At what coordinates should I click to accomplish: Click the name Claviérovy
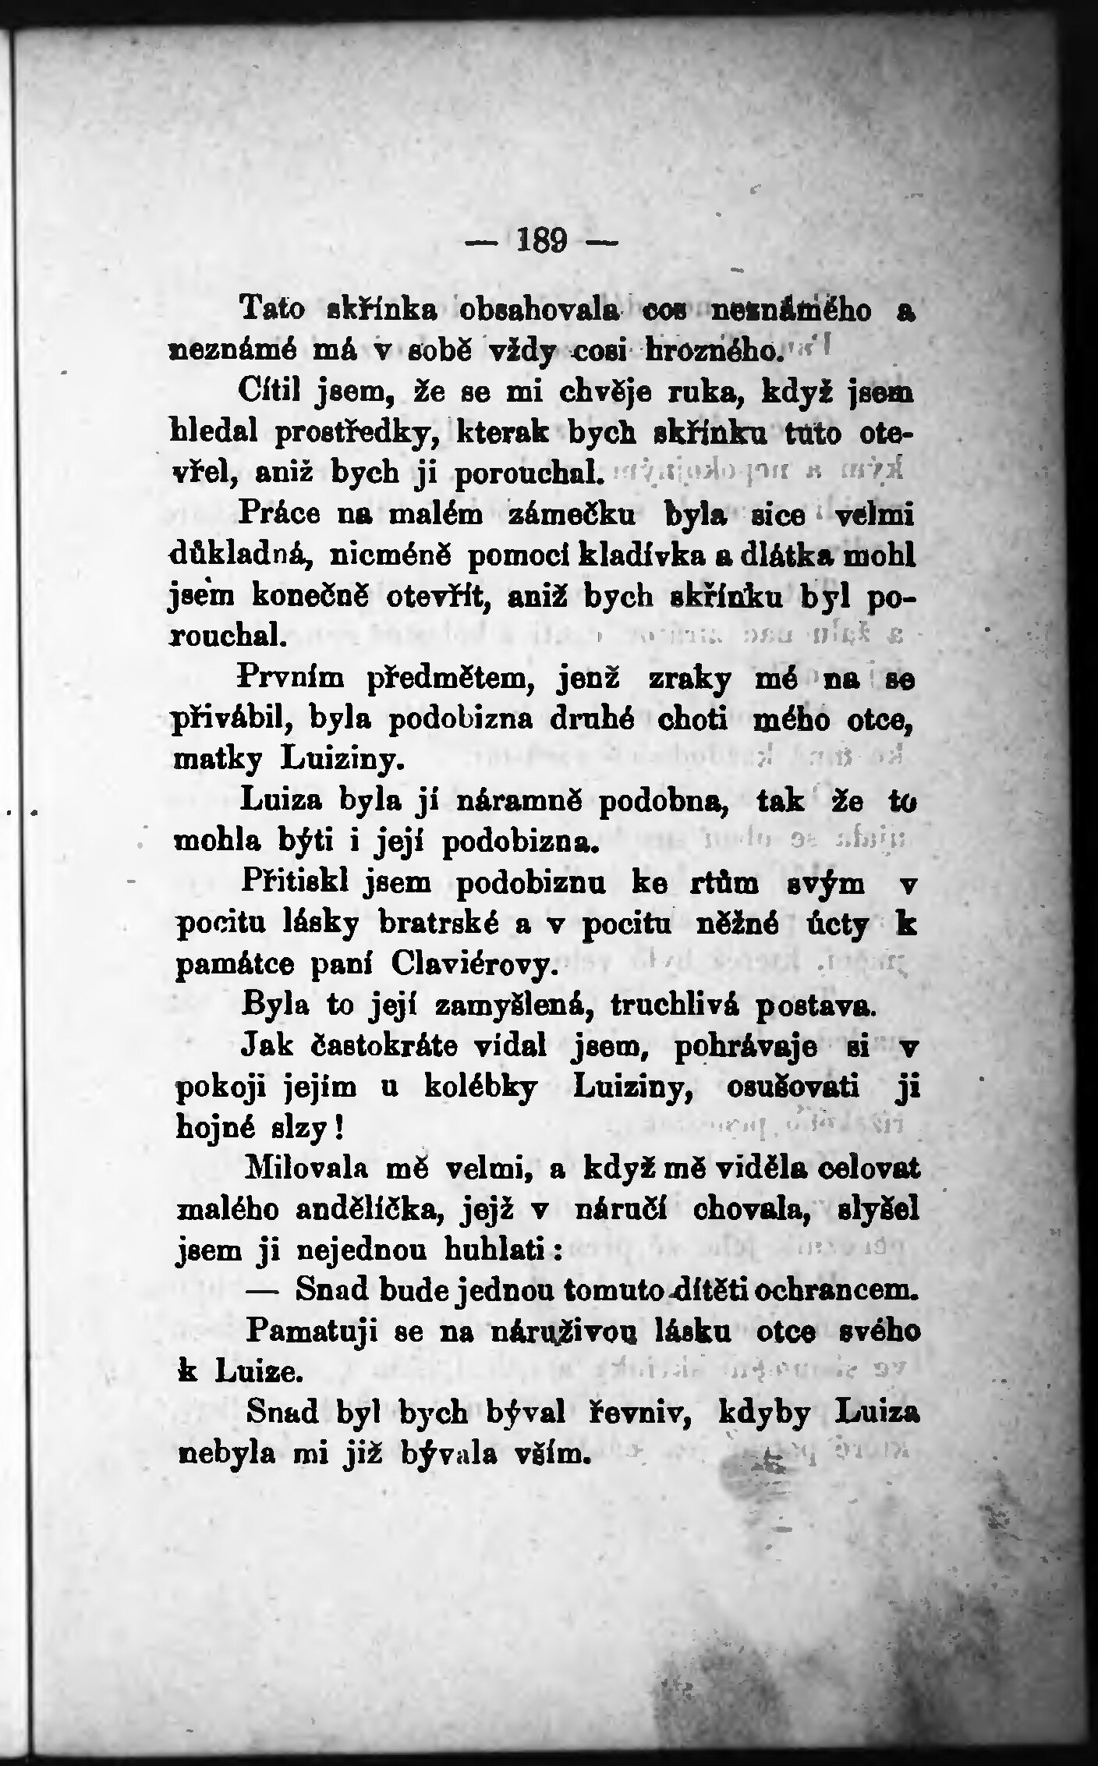[472, 968]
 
